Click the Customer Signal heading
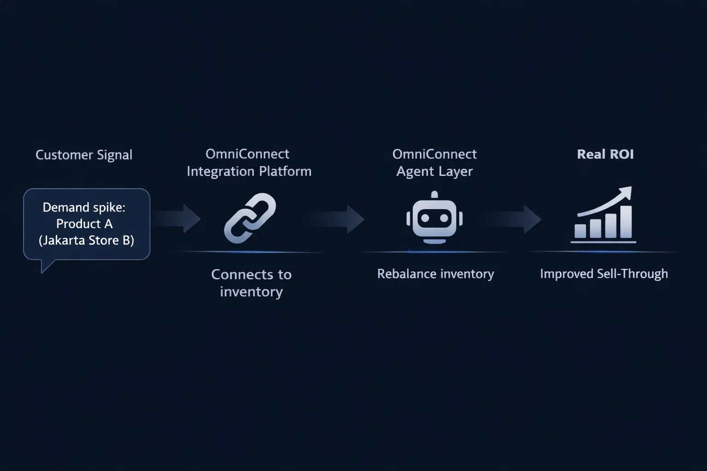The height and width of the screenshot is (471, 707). (x=84, y=155)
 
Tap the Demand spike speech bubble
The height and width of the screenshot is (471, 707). (x=87, y=224)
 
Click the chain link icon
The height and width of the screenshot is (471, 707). (x=250, y=218)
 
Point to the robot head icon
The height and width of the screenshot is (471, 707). (x=435, y=218)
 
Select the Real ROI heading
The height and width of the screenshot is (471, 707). (x=605, y=154)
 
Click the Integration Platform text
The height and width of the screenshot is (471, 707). (x=249, y=172)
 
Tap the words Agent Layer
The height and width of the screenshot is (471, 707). (x=435, y=172)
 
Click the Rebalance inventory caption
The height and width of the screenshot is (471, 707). (x=435, y=274)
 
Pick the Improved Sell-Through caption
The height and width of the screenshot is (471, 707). (x=603, y=274)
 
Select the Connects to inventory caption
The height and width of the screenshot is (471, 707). (x=251, y=283)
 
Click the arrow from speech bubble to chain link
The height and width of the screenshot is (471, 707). (x=177, y=218)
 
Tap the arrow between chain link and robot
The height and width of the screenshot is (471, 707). (x=341, y=219)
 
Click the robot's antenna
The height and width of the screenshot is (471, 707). (x=435, y=195)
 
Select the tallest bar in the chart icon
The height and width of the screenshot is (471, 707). (x=626, y=222)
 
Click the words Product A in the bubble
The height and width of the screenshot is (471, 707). (x=84, y=224)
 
